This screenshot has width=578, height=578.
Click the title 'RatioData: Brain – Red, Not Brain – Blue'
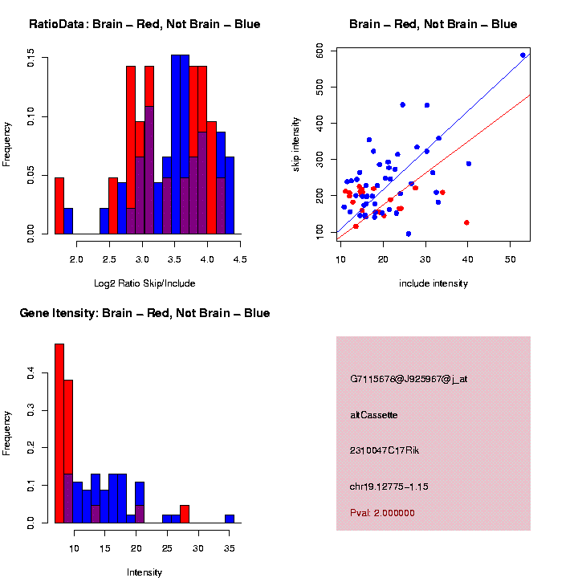(x=144, y=24)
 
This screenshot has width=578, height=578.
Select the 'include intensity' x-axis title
(x=433, y=283)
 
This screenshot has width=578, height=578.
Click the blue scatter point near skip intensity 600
(x=523, y=55)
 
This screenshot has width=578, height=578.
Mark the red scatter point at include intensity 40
(x=466, y=222)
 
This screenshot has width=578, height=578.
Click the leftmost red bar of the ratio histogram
(x=59, y=206)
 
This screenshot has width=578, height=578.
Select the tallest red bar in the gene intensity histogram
(x=59, y=433)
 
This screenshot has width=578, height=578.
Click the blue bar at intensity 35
(x=230, y=519)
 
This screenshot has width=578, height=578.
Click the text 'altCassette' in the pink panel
(x=373, y=415)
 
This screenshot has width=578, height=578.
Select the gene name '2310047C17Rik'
(x=385, y=450)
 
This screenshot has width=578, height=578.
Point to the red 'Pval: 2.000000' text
(x=383, y=512)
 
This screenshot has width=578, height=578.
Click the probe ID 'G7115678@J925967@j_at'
(x=409, y=379)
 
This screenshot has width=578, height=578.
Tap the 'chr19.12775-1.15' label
(x=392, y=486)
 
